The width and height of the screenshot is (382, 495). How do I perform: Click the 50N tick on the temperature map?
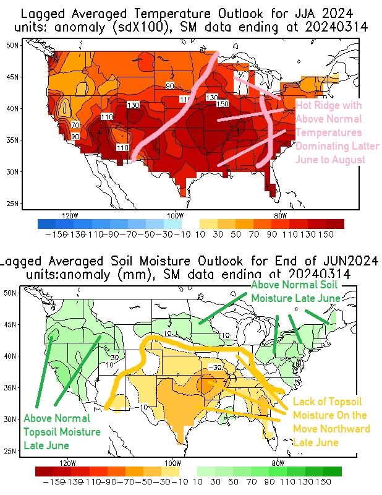coord(12,45)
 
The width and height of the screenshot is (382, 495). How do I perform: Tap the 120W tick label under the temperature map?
coord(70,215)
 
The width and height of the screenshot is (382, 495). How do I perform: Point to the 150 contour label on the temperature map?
coord(222,103)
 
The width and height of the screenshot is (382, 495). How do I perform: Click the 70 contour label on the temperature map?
coord(75,126)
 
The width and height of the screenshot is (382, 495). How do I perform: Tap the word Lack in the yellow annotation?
coord(303,402)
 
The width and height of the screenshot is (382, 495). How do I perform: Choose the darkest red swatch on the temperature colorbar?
coord(335,223)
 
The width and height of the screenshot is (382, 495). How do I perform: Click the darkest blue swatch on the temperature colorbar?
coord(46,223)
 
